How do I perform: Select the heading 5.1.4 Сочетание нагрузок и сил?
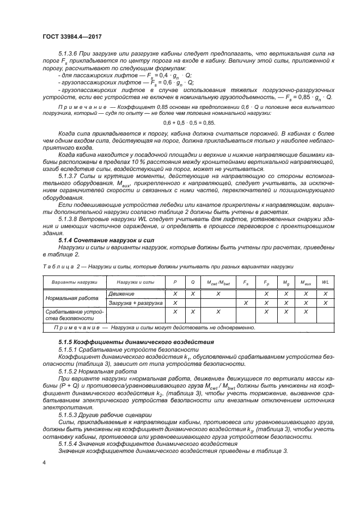coord(97,240)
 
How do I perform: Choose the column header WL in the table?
coord(325,283)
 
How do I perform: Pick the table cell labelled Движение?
coord(121,293)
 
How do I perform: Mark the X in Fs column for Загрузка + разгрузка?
coord(246,303)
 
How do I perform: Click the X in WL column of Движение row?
coord(325,293)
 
